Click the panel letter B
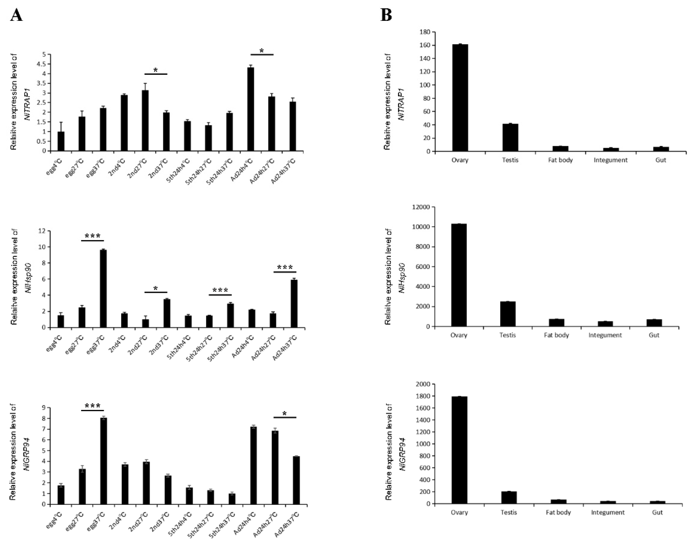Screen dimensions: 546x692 (386, 15)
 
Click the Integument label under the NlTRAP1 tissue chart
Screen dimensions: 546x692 (611, 160)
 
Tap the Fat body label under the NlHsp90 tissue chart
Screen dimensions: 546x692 (557, 335)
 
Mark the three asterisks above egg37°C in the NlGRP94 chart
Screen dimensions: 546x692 (93, 406)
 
